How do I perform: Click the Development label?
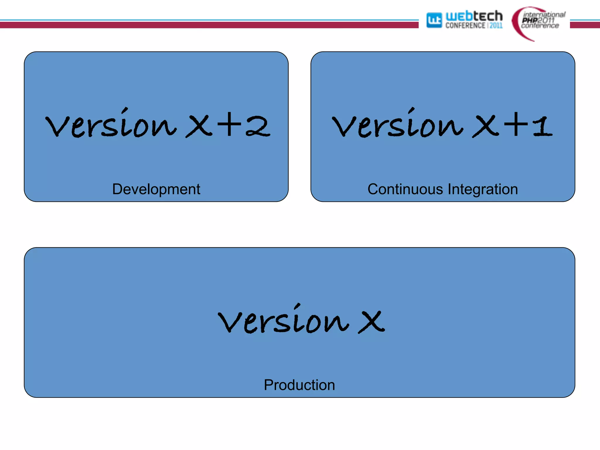click(156, 189)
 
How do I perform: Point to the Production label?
click(299, 385)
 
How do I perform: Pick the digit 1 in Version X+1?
click(543, 126)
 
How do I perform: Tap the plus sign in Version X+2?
click(229, 125)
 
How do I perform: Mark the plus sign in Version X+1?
click(516, 125)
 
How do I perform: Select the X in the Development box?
click(199, 126)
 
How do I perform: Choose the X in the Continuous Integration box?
click(485, 126)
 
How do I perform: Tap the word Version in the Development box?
click(111, 124)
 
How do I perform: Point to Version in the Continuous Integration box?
click(398, 124)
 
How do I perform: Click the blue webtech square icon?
click(434, 20)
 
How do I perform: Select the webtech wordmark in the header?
click(474, 16)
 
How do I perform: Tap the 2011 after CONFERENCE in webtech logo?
click(496, 26)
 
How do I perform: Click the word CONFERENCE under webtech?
click(465, 26)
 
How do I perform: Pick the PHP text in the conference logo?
click(530, 20)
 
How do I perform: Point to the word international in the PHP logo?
click(544, 14)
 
